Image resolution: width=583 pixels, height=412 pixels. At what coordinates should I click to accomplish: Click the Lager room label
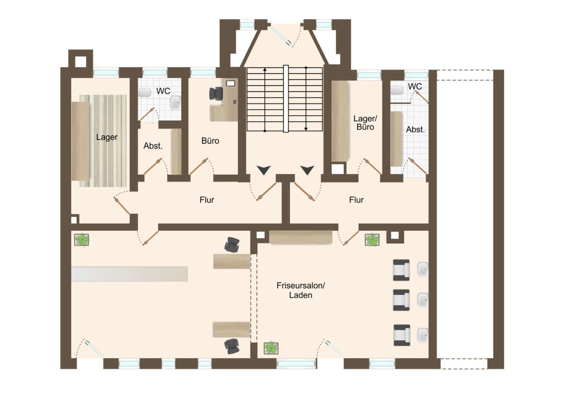pos(107,137)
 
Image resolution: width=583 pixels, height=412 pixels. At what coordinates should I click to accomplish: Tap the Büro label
pos(210,141)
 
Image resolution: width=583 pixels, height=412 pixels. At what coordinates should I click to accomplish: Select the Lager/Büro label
pos(365,123)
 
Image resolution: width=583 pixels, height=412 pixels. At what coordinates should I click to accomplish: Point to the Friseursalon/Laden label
pos(301,290)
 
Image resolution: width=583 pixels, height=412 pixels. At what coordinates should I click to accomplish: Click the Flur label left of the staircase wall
pos(207,200)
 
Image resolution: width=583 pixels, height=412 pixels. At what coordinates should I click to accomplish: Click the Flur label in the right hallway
pos(356,200)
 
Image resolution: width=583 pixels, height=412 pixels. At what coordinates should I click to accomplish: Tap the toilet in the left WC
pos(145,93)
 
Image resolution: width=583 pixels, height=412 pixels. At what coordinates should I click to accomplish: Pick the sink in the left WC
pos(176,103)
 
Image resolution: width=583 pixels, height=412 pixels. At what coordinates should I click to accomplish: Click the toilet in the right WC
pos(397,90)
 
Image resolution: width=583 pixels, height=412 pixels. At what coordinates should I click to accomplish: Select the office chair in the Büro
pos(216,93)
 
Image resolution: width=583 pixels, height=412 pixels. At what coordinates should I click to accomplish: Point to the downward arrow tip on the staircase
pos(306,130)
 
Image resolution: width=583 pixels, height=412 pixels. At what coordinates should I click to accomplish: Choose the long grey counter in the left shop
pos(130,274)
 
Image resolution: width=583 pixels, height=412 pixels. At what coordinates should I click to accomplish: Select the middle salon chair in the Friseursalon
pos(401,300)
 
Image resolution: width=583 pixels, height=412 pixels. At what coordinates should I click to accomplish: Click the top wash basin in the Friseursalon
pos(423,269)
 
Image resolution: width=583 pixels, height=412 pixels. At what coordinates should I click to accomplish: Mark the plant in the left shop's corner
pos(82,240)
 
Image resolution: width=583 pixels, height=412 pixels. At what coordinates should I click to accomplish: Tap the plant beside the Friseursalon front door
pos(271,348)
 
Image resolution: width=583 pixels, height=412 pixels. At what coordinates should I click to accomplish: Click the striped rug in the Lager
pos(103,140)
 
